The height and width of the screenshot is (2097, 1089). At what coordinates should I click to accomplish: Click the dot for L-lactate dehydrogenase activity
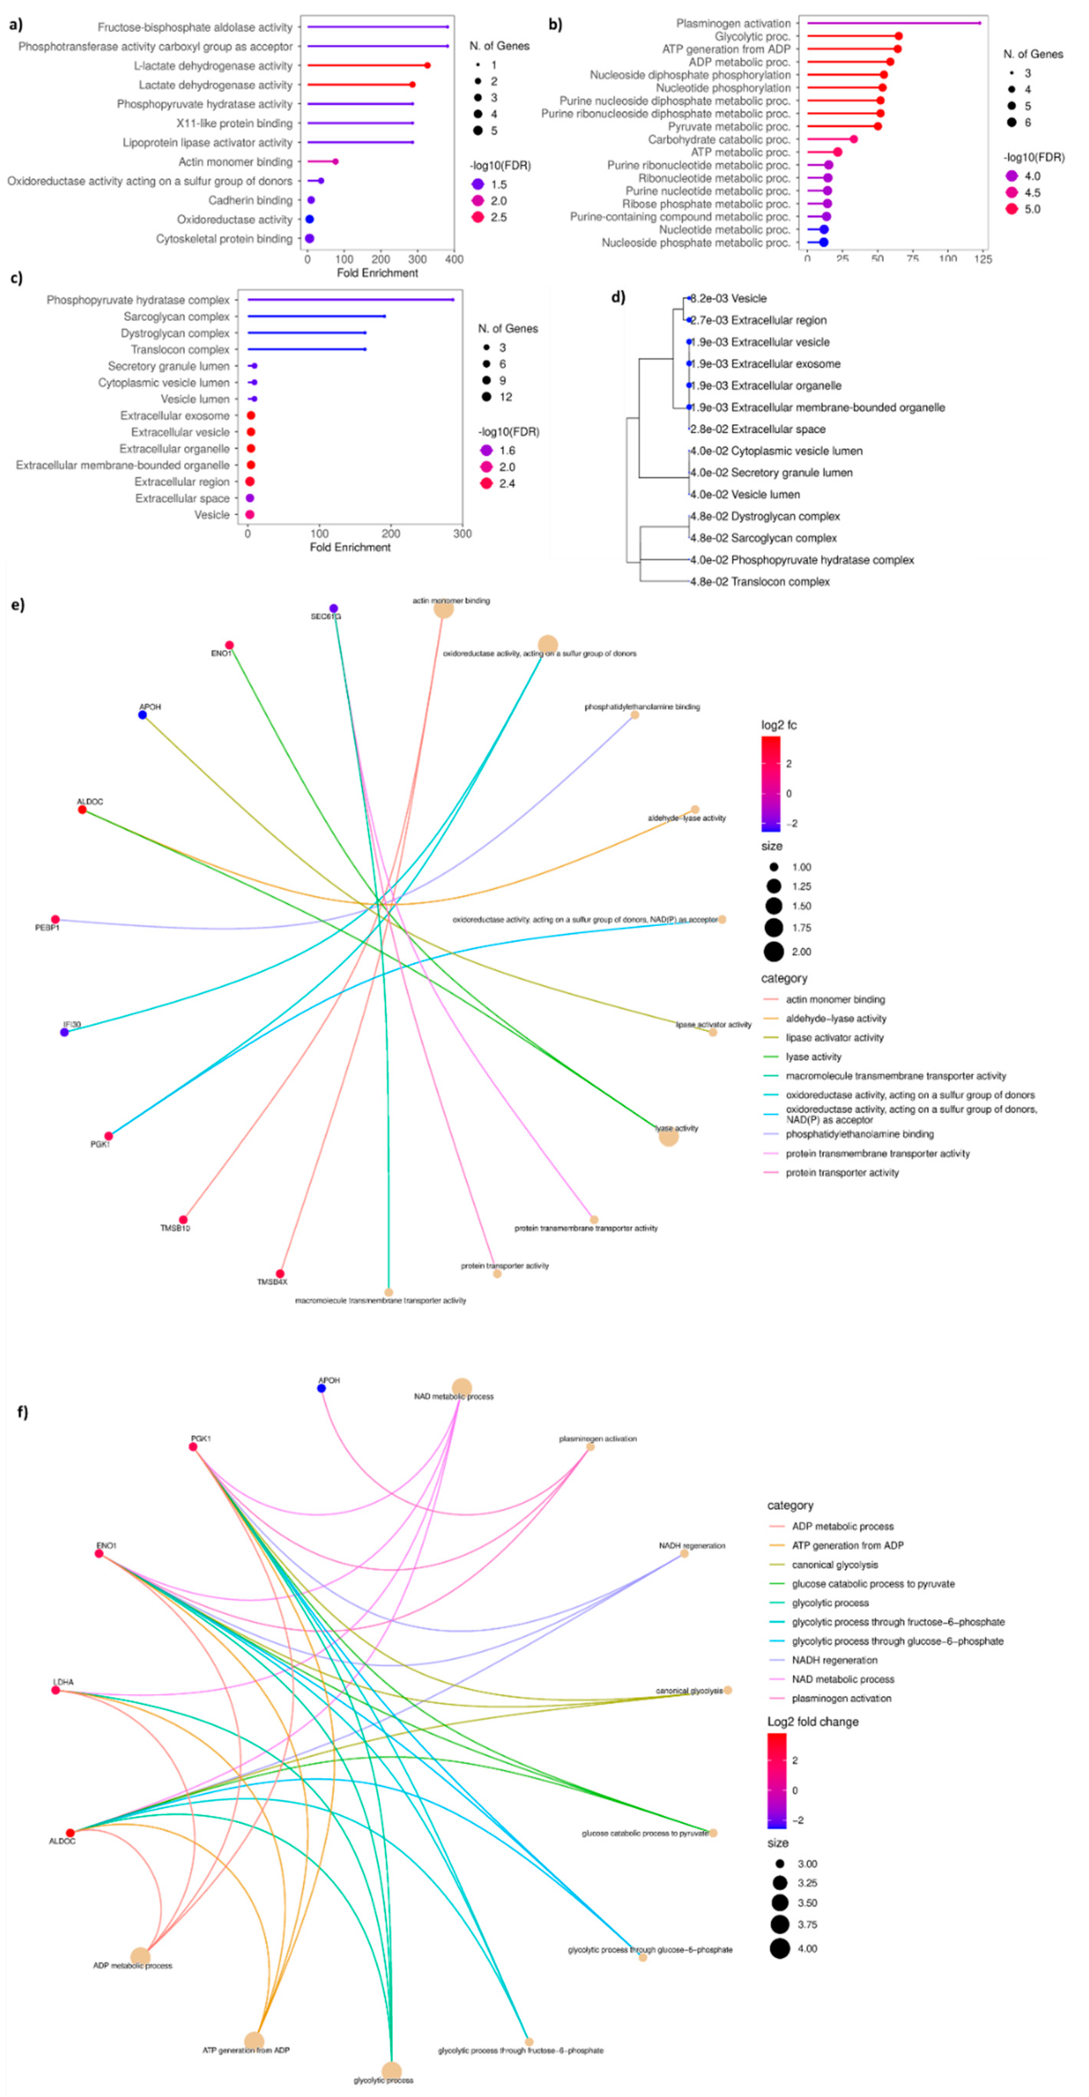pyautogui.click(x=427, y=65)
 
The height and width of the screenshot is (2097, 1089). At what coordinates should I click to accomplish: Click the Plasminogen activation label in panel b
pyautogui.click(x=733, y=24)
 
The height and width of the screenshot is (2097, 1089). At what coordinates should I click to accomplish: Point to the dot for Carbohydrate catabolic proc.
pyautogui.click(x=853, y=139)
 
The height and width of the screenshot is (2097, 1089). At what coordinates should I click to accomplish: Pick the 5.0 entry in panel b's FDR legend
pyautogui.click(x=1032, y=209)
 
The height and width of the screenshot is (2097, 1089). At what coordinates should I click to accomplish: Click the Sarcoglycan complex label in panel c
pyautogui.click(x=177, y=317)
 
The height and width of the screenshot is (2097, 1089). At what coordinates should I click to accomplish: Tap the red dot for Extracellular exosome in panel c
pyautogui.click(x=251, y=416)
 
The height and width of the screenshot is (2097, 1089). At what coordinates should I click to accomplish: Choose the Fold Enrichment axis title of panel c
pyautogui.click(x=350, y=547)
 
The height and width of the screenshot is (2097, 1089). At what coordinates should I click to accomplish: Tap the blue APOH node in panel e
pyautogui.click(x=142, y=715)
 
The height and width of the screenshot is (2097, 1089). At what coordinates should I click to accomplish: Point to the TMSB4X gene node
pyautogui.click(x=280, y=1273)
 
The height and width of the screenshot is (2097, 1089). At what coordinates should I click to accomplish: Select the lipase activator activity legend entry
pyautogui.click(x=834, y=1038)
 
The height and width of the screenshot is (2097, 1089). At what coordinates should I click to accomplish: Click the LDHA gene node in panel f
pyautogui.click(x=56, y=1690)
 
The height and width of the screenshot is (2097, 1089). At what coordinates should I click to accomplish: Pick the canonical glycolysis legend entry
pyautogui.click(x=834, y=1564)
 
